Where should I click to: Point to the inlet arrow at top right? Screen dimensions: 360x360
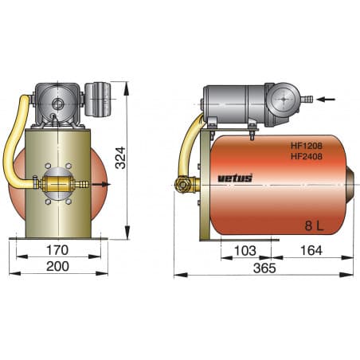click(x=335, y=100)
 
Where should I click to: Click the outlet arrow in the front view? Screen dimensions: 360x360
click(x=103, y=185)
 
